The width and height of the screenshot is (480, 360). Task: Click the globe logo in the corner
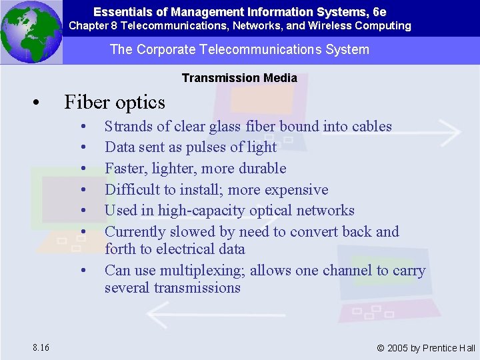[31, 32]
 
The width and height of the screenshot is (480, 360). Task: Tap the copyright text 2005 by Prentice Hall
[426, 348]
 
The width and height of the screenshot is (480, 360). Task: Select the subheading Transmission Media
[239, 78]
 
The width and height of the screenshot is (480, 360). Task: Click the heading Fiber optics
[114, 102]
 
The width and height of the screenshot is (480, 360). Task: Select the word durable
[260, 168]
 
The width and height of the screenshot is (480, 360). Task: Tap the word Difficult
[132, 189]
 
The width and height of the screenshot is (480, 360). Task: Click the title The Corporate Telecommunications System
[239, 50]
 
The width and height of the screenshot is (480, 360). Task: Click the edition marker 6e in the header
[379, 12]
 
